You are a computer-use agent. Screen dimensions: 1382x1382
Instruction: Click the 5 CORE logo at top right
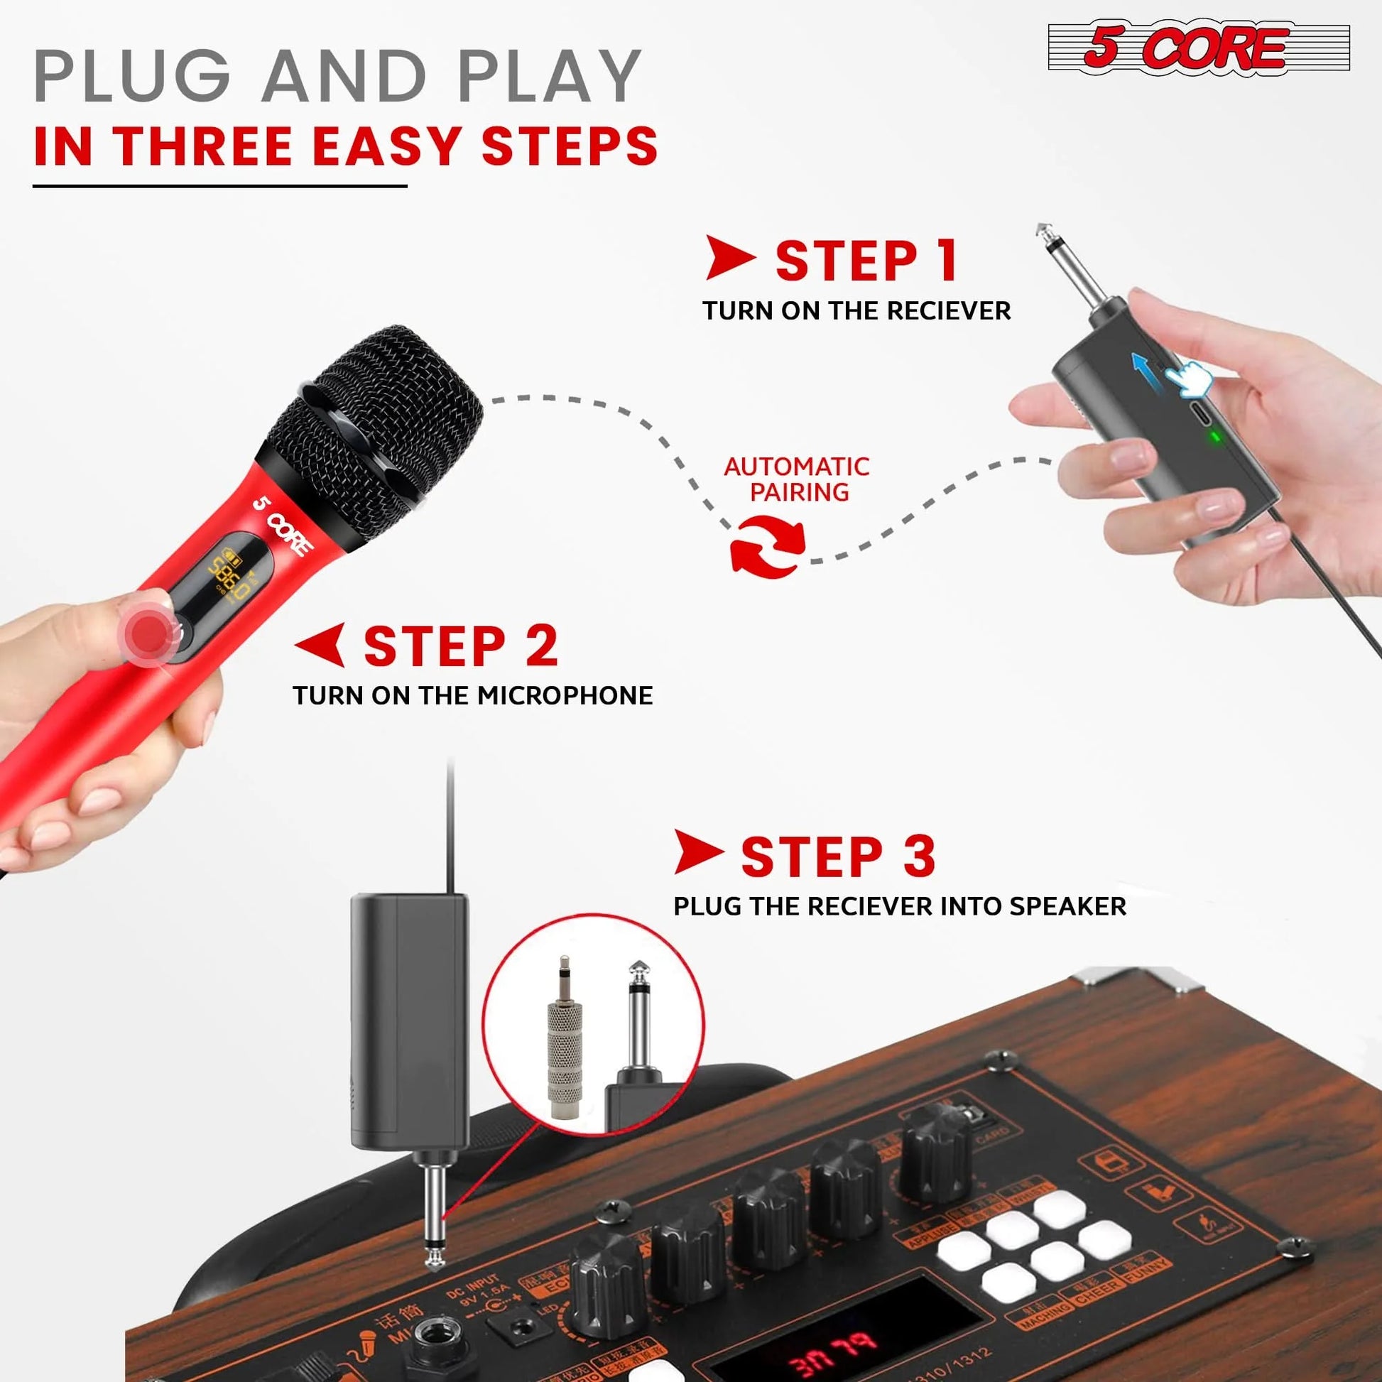(1198, 48)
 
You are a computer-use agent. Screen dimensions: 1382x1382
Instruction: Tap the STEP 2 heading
(460, 647)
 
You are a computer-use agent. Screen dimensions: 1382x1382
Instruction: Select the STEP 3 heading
(837, 856)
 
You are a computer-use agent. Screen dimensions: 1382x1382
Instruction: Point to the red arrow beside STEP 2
(320, 644)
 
